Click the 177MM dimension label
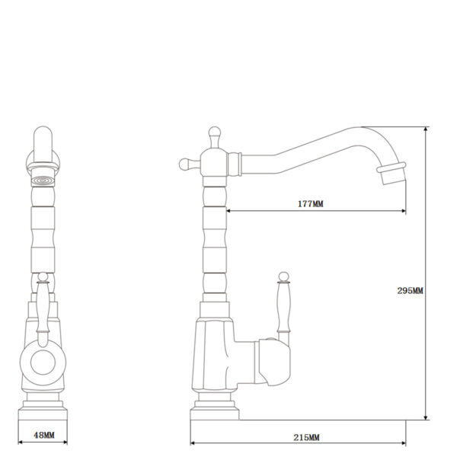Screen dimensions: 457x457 point(311,203)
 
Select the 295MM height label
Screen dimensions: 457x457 point(410,291)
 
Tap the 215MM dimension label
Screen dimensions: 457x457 point(306,437)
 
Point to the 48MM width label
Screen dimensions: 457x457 point(44,435)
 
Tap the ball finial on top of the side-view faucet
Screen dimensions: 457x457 point(215,133)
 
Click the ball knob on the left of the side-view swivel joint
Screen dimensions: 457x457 point(185,165)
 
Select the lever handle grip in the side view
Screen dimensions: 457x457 point(283,307)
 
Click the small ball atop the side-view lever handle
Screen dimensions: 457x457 point(283,276)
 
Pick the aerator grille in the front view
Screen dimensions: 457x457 point(43,181)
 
